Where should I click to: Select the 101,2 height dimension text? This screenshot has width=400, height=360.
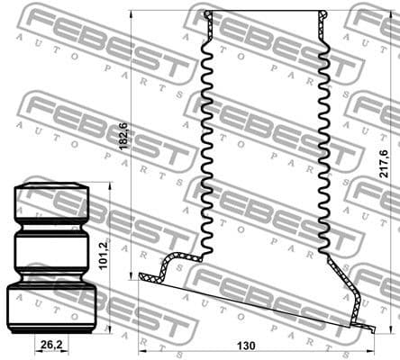click(104, 255)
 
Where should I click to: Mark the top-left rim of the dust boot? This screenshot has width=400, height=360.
click(209, 15)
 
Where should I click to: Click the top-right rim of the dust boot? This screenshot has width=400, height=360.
click(324, 15)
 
